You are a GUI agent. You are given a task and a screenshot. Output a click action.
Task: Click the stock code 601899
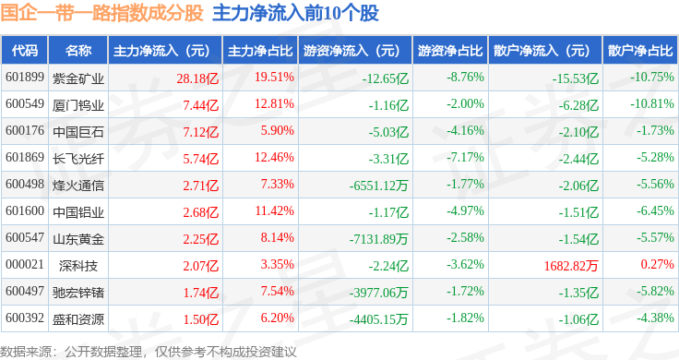[x=25, y=78]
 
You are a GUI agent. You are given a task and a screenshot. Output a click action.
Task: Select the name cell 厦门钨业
[x=78, y=105]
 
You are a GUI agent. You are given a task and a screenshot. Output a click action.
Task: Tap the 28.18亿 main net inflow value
[x=197, y=78]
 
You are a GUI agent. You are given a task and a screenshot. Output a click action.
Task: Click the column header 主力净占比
[x=260, y=51]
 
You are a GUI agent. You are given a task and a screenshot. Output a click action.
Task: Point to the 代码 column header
[x=25, y=51]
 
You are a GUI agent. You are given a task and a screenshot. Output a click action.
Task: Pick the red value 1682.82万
[x=571, y=266]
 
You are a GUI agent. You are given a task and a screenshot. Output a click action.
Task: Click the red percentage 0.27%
[x=658, y=264]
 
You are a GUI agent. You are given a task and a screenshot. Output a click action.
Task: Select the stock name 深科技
[x=78, y=266]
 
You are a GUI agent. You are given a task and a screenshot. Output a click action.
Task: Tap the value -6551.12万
[x=379, y=186]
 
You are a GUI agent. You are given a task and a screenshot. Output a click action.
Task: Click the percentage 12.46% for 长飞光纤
[x=274, y=157]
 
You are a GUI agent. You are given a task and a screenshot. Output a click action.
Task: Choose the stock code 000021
[x=25, y=264]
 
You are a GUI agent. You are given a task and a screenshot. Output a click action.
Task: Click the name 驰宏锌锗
[x=78, y=293]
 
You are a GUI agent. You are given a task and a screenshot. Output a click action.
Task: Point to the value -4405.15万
[x=379, y=319]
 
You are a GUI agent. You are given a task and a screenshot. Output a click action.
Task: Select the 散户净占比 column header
[x=640, y=51]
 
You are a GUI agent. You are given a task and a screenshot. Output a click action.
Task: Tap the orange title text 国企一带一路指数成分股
[x=101, y=13]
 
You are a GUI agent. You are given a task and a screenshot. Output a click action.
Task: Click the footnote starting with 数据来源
[x=149, y=352]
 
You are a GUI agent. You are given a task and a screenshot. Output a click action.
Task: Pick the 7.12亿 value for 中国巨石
[x=201, y=132]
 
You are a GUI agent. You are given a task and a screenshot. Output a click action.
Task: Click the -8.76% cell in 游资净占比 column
[x=466, y=78]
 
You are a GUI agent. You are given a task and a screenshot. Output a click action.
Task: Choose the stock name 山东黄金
[x=78, y=239]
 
